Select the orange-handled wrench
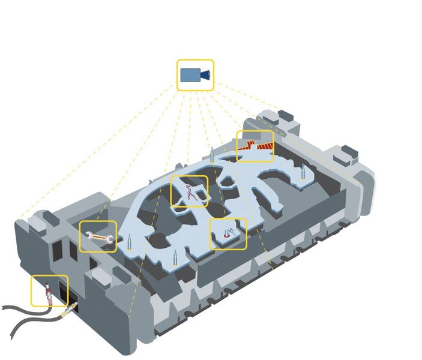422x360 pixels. coord(98,237)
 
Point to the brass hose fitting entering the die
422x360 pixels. coord(71,309)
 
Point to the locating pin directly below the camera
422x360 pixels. coord(211,154)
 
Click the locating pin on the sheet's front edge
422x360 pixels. coord(175,260)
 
